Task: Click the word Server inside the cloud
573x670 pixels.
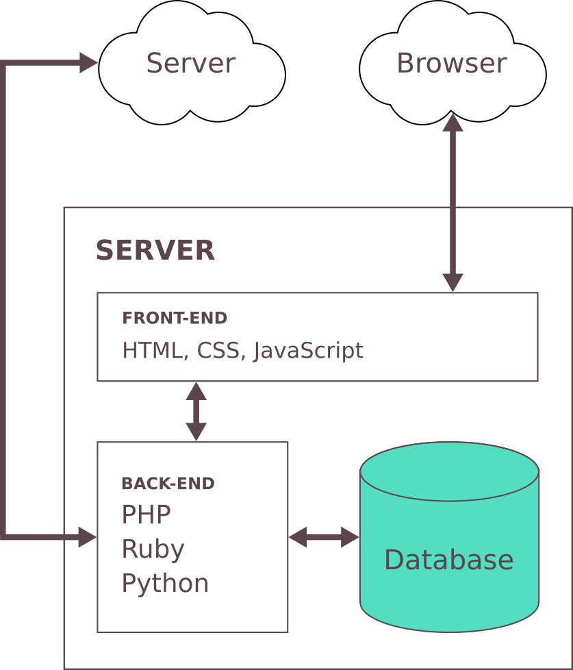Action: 190,64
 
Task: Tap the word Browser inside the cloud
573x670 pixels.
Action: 451,64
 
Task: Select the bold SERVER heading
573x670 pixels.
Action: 155,251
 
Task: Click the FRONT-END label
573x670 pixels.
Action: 174,319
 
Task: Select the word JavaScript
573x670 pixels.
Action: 308,351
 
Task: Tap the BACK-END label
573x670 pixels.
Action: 168,484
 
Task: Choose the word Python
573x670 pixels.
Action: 165,584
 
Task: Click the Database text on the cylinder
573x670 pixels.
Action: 448,560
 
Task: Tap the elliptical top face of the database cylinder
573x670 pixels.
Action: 449,471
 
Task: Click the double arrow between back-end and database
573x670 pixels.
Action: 324,538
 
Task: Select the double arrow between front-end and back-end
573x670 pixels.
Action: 196,411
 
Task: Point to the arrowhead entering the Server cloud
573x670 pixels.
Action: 89,63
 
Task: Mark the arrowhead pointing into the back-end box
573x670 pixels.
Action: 87,538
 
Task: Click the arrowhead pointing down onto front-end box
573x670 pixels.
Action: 453,282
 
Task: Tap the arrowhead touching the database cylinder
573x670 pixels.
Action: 350,538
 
